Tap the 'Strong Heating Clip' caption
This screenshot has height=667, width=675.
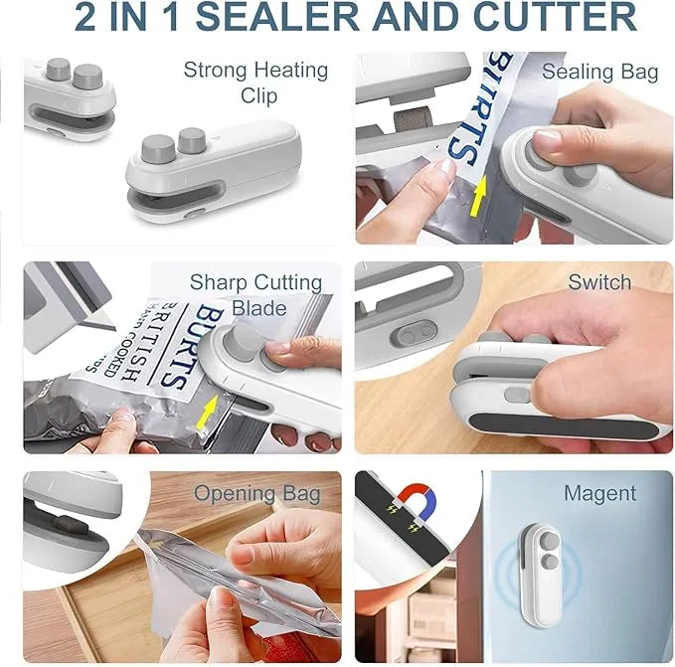pos(255,83)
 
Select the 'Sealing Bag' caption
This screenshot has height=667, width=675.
pos(599,72)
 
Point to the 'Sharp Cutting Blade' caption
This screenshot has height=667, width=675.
pos(255,294)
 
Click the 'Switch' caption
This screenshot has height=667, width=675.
pos(599,282)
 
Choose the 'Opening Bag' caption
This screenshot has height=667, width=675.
pos(256,494)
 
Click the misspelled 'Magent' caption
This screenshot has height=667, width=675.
pos(599,493)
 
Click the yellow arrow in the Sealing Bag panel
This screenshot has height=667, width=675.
pos(478,200)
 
